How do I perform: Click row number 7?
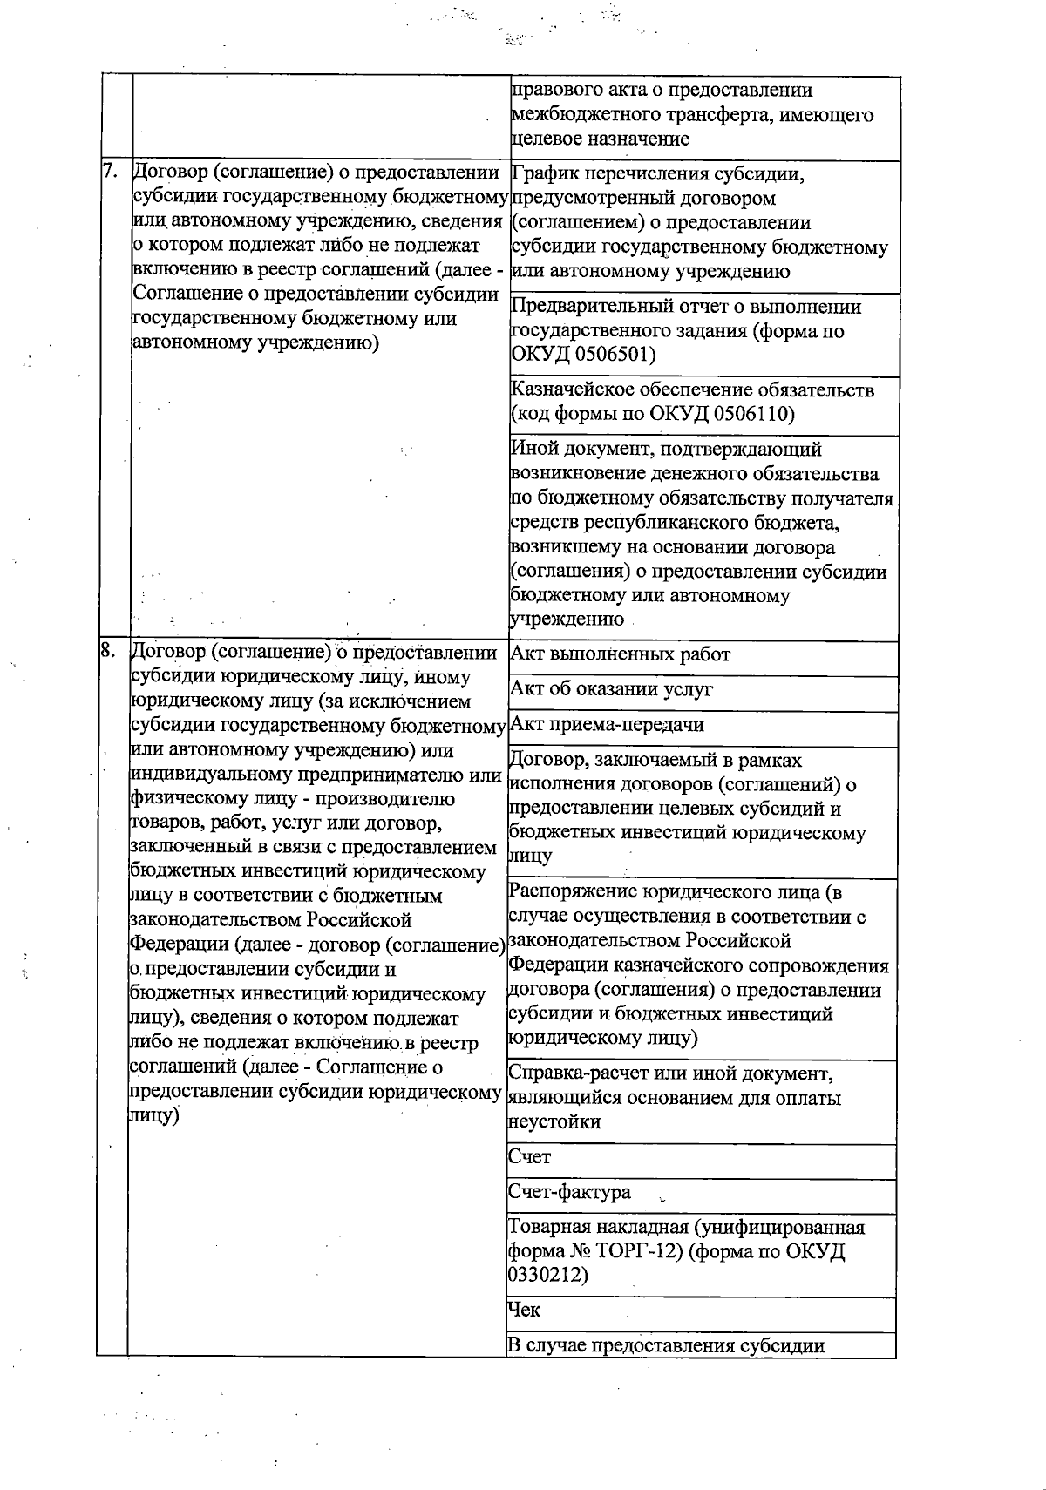[x=110, y=172]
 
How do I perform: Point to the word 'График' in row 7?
[x=541, y=174]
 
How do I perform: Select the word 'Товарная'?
[x=547, y=1228]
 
